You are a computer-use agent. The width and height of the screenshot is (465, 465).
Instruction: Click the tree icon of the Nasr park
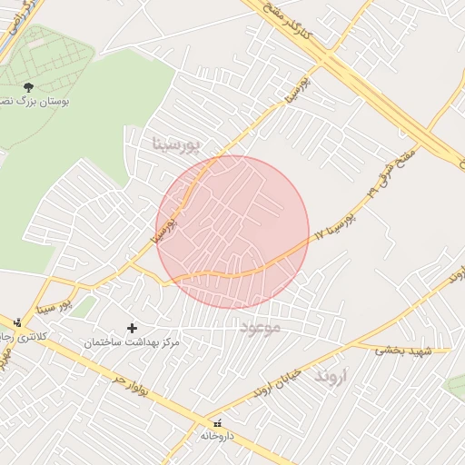tap(28, 86)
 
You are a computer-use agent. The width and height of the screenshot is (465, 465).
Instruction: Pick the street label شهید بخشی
tap(401, 349)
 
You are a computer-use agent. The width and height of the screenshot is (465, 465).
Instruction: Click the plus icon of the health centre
tap(133, 328)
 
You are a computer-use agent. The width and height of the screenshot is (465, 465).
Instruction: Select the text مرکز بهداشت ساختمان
tap(133, 343)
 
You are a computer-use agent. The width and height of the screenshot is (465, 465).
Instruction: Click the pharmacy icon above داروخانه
tap(217, 423)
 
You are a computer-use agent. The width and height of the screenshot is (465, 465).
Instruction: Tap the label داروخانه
tap(218, 437)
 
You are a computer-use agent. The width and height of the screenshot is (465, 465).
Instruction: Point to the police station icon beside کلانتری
tap(17, 322)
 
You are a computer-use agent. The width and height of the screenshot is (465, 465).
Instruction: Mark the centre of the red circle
tap(232, 232)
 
